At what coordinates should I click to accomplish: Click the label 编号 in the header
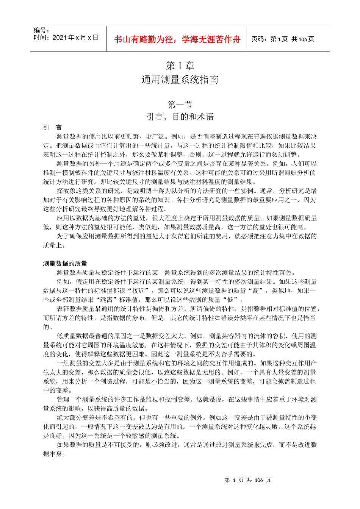tap(41, 30)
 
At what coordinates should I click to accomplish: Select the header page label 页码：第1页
tap(269, 39)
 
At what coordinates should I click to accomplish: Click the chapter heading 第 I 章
tap(180, 66)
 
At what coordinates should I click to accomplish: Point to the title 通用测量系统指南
tap(180, 80)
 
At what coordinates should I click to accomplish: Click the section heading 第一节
tap(180, 104)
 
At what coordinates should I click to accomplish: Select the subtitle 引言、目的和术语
tap(180, 117)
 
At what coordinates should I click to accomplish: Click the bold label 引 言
tap(52, 128)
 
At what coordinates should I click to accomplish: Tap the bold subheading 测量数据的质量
tap(65, 264)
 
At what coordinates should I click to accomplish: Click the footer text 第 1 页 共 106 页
tap(248, 480)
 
